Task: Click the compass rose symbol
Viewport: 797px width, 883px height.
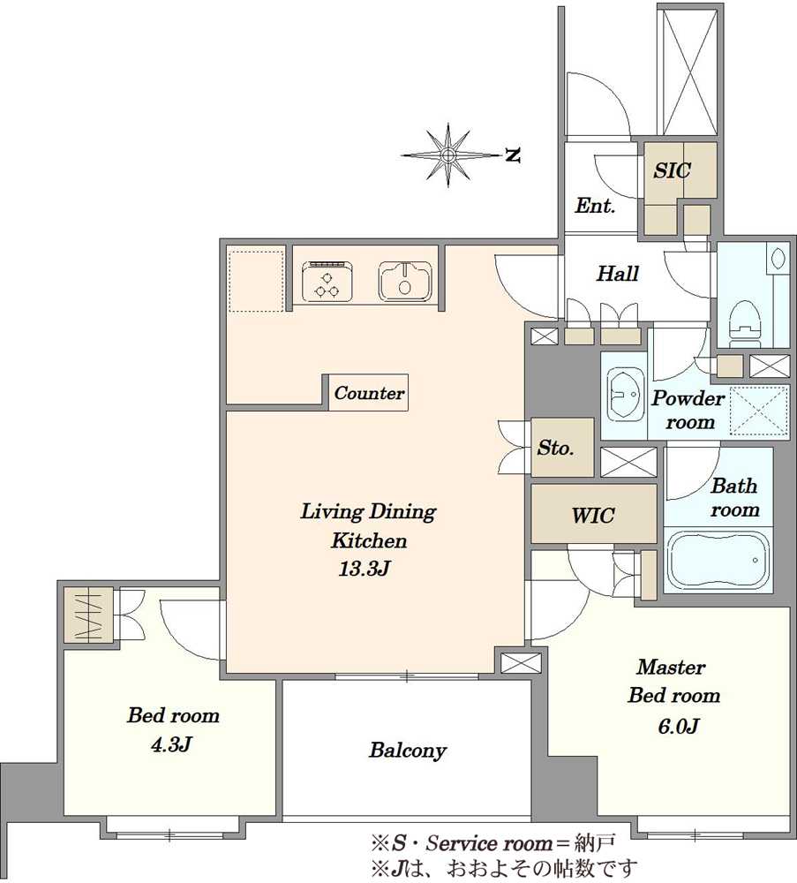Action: pos(448,155)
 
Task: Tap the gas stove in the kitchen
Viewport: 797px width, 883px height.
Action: pos(327,281)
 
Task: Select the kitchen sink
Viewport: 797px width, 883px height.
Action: pos(405,281)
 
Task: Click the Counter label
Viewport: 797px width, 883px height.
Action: pos(369,393)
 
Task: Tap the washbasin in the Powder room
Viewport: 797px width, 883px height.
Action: pos(625,394)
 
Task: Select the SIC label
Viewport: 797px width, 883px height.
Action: pos(672,170)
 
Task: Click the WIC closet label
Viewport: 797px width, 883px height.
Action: pos(593,515)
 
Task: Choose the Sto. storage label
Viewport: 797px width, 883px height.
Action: pos(555,448)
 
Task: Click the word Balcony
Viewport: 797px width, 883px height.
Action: pos(408,750)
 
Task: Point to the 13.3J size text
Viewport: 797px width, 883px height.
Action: pos(365,569)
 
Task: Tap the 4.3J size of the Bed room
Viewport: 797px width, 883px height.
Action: pos(172,744)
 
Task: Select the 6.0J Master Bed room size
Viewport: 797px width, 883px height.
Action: pos(678,727)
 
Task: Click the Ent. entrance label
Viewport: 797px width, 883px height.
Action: pos(594,206)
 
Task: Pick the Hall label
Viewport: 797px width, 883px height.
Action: pos(618,274)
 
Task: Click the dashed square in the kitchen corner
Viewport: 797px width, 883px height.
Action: pos(256,281)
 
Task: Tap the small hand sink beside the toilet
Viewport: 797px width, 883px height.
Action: pos(779,259)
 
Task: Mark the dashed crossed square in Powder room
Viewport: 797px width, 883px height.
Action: pos(759,411)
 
